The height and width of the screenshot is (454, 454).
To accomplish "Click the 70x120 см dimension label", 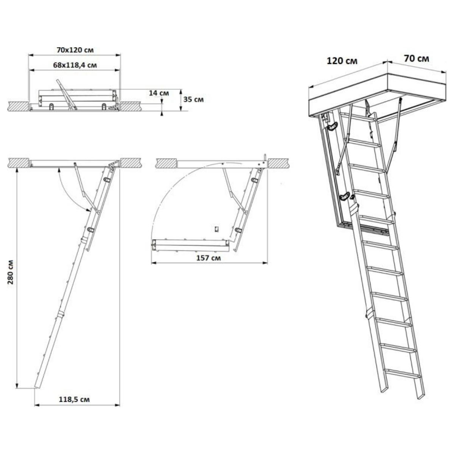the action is pyautogui.click(x=75, y=50).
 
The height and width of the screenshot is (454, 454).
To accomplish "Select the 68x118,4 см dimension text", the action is pyautogui.click(x=75, y=65).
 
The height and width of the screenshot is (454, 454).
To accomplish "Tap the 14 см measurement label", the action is pyautogui.click(x=159, y=93).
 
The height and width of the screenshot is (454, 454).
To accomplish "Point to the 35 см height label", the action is pyautogui.click(x=193, y=100).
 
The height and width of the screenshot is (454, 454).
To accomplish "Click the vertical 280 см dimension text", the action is pyautogui.click(x=11, y=272).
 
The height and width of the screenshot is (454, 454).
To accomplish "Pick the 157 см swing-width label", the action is pyautogui.click(x=208, y=258).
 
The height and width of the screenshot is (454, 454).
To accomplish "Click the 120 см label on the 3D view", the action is pyautogui.click(x=342, y=61).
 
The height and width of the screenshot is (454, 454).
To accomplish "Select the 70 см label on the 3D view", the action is pyautogui.click(x=417, y=59).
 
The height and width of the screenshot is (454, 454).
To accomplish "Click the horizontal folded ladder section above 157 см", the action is pyautogui.click(x=190, y=246).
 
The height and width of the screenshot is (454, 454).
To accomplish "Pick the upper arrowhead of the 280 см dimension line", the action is pyautogui.click(x=17, y=171).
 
